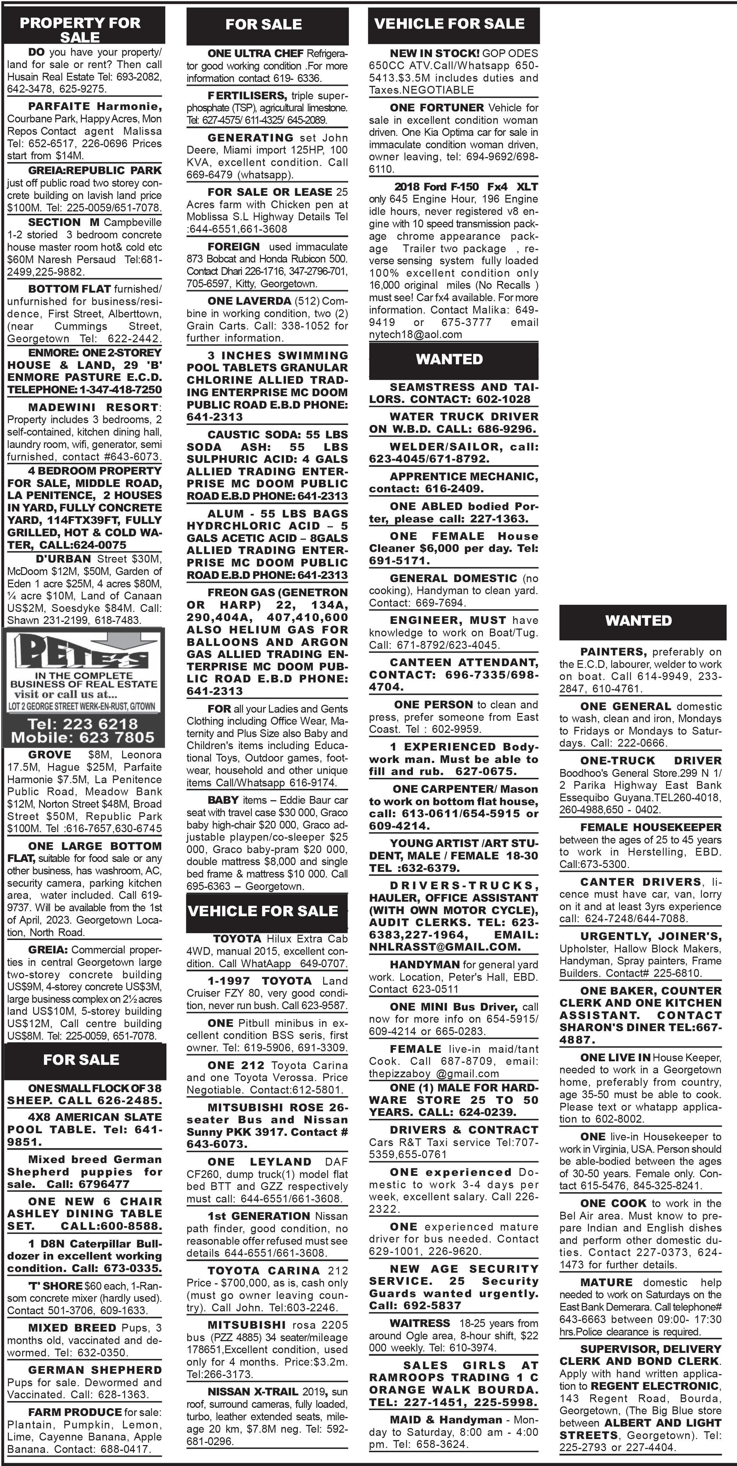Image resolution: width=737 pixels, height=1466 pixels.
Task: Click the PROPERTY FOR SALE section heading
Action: (80, 29)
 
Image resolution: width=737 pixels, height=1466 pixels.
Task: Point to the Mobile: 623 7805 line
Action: (83, 737)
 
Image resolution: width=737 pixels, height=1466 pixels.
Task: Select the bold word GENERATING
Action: (250, 138)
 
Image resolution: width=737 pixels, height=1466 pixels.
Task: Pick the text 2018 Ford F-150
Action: (437, 187)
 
